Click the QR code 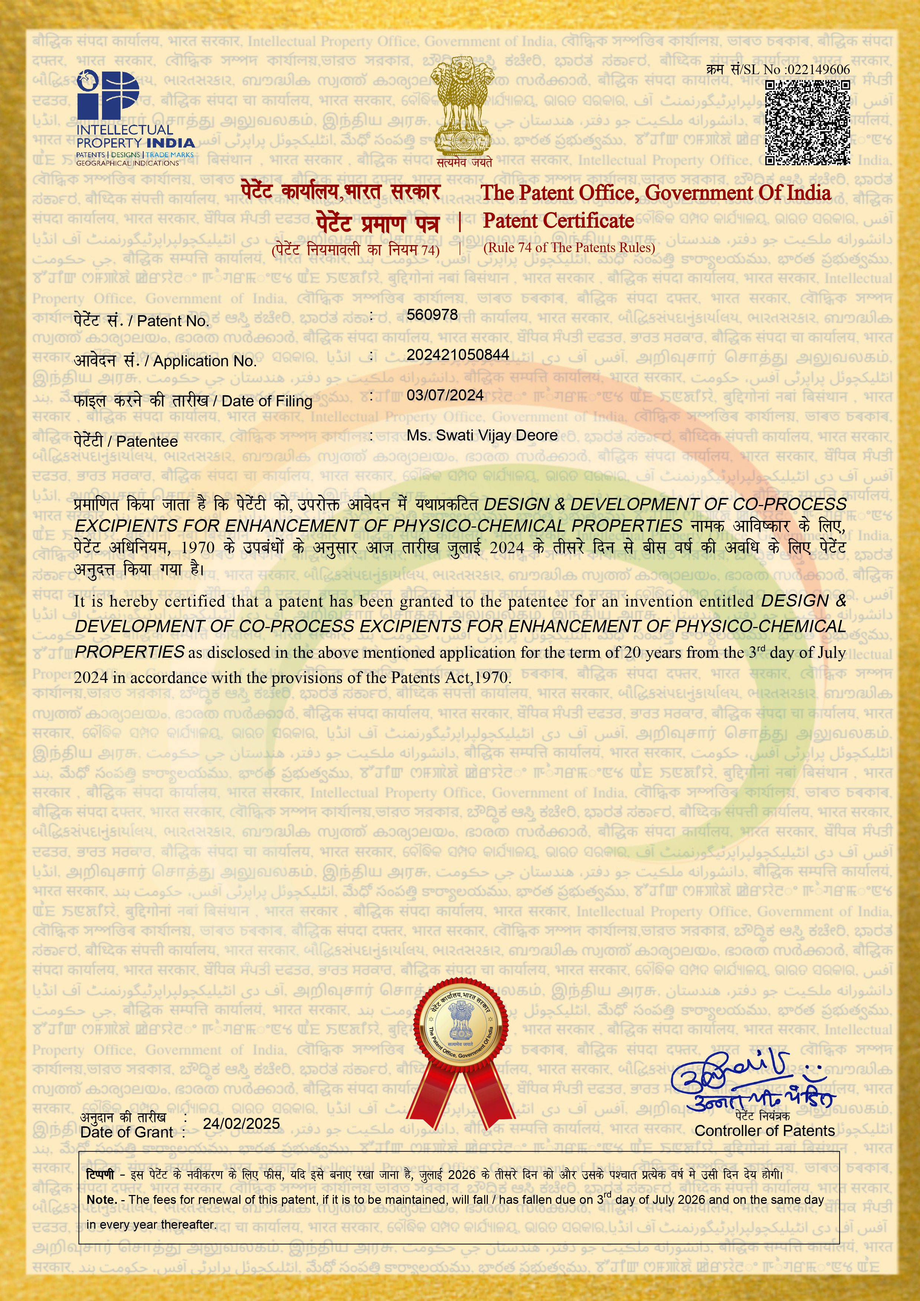pos(807,122)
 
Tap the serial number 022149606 pos(818,70)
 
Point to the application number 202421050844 pos(457,355)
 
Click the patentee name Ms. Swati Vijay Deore pos(482,435)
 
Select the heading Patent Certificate pos(558,221)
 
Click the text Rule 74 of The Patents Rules pos(569,248)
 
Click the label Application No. pos(205,361)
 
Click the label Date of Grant pos(126,1132)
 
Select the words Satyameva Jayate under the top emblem pos(464,163)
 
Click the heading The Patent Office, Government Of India pos(655,193)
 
